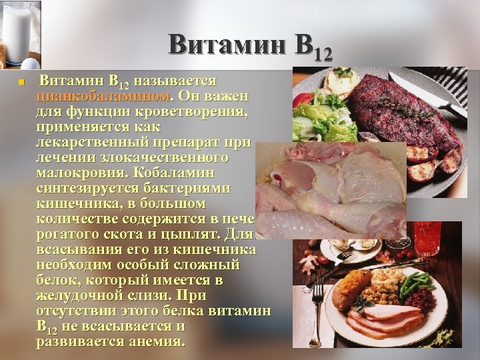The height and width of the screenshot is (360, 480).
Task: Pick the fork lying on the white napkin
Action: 318,300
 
